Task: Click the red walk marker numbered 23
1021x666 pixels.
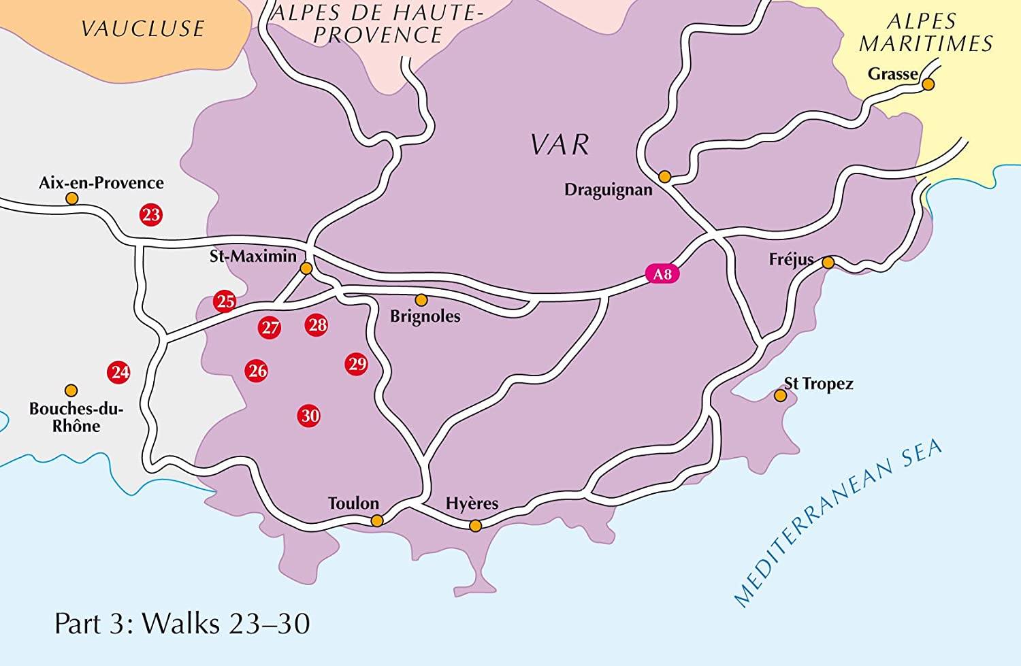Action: pyautogui.click(x=150, y=215)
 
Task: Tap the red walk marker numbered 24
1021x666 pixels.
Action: pyautogui.click(x=119, y=372)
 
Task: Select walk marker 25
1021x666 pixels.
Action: pyautogui.click(x=225, y=301)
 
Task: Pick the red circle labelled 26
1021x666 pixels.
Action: pyautogui.click(x=257, y=371)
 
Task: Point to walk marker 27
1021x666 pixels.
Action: pyautogui.click(x=270, y=328)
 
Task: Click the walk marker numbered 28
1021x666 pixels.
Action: pyautogui.click(x=317, y=325)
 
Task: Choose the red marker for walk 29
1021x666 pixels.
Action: pyautogui.click(x=357, y=364)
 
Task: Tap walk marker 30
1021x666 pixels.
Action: pyautogui.click(x=309, y=416)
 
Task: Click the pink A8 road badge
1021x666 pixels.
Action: pyautogui.click(x=662, y=275)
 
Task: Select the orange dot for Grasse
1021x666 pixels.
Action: pyautogui.click(x=928, y=84)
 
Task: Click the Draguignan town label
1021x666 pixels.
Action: pyautogui.click(x=608, y=190)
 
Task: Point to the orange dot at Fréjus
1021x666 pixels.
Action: pyautogui.click(x=828, y=263)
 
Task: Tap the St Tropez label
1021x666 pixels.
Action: pyautogui.click(x=819, y=384)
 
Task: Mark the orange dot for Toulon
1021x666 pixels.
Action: pyautogui.click(x=377, y=521)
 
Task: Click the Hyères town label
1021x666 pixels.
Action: pyautogui.click(x=472, y=503)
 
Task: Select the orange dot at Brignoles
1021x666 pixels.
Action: pyautogui.click(x=421, y=300)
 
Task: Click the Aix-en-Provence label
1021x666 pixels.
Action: pyautogui.click(x=101, y=183)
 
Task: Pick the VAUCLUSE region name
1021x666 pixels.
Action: pyautogui.click(x=142, y=29)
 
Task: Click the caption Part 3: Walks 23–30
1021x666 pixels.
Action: pyautogui.click(x=182, y=623)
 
